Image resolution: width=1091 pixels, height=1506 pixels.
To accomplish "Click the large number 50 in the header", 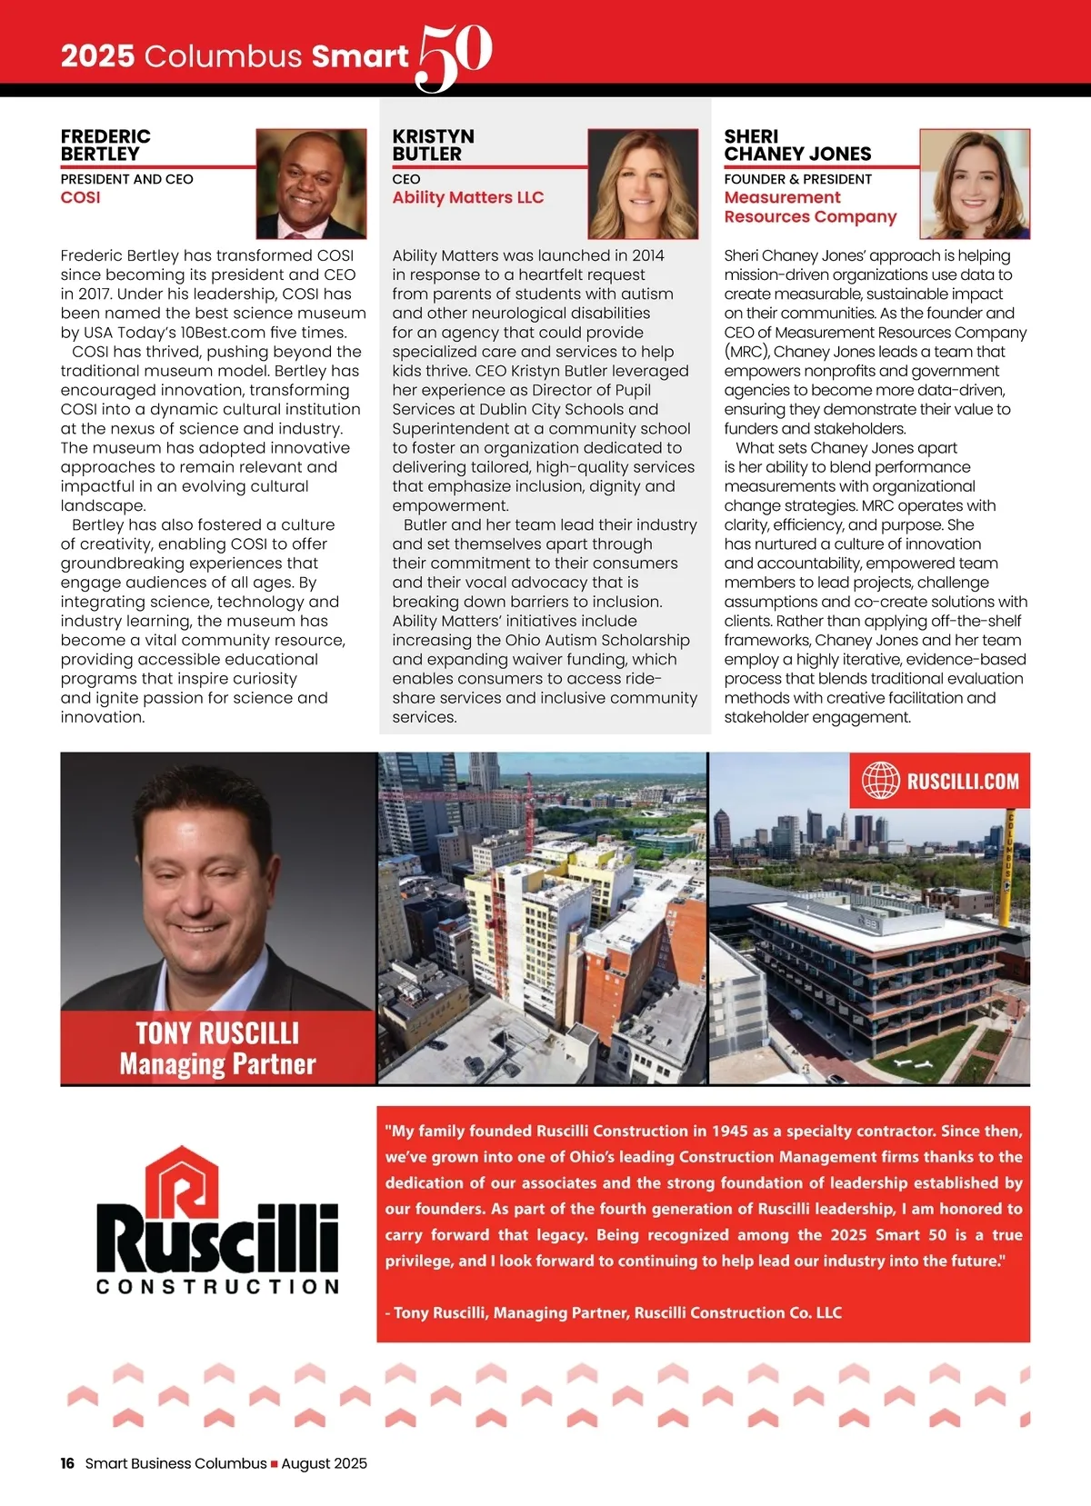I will (454, 56).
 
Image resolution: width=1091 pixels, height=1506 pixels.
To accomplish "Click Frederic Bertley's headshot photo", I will (311, 184).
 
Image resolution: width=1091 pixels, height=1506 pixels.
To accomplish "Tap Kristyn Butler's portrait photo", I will (643, 184).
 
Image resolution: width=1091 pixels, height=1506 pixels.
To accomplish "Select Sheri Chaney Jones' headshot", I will (975, 184).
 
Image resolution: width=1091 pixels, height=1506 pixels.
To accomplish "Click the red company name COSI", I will (80, 198).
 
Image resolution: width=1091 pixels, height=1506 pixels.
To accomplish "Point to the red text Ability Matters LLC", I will (467, 198).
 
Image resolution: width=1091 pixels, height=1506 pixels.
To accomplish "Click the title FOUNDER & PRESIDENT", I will (797, 179).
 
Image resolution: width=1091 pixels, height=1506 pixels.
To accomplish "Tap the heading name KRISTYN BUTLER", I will (433, 145).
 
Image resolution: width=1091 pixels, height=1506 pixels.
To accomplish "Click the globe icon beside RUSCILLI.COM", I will (880, 780).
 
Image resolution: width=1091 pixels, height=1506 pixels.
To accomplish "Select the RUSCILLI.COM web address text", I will (963, 781).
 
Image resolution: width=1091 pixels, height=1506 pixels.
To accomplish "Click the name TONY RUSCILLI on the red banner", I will (217, 1033).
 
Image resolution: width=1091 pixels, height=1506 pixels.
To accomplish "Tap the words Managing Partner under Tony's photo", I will (217, 1063).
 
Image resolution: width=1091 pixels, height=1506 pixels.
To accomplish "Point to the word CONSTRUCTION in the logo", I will (217, 1287).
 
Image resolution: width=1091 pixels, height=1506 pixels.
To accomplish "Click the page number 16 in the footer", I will (67, 1463).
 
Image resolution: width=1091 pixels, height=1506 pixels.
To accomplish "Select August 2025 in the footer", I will (325, 1463).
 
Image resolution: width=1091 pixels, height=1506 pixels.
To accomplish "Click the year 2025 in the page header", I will (97, 56).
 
